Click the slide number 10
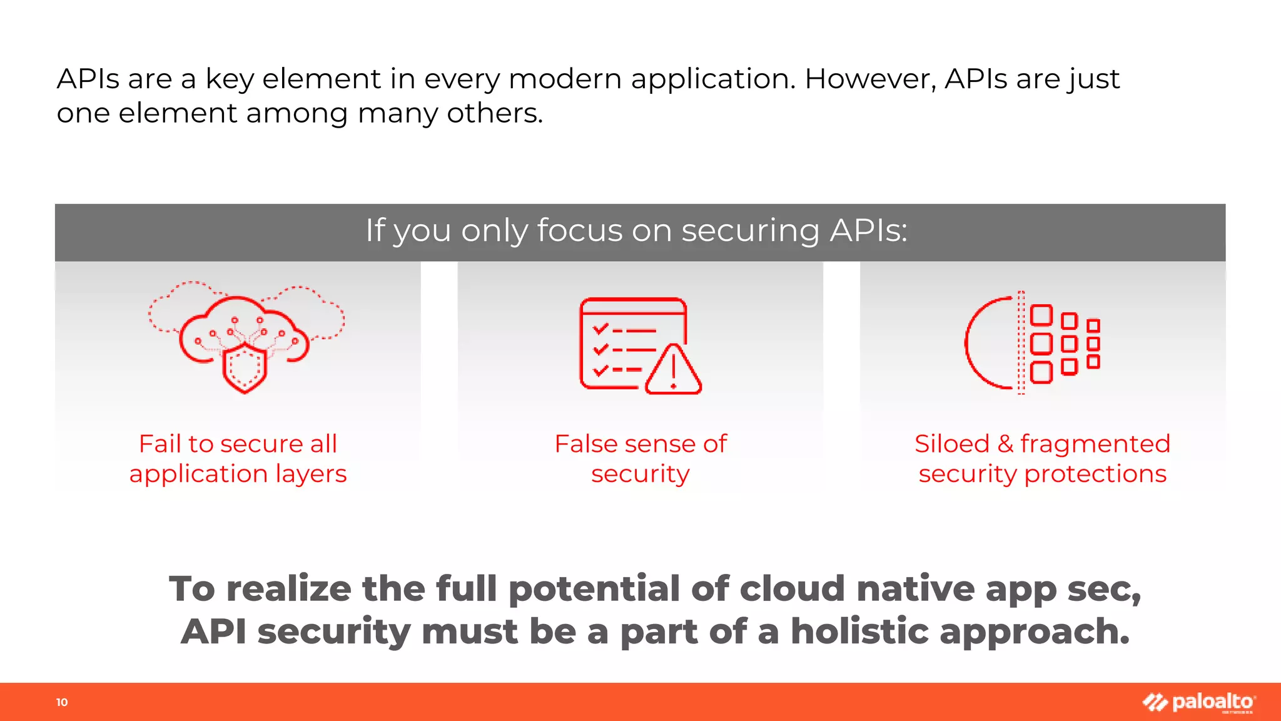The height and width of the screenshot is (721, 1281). coord(62,702)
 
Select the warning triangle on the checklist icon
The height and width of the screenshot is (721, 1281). coord(673,371)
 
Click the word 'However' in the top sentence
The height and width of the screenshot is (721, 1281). coord(870,79)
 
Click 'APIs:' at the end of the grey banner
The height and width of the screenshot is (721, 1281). coord(868,230)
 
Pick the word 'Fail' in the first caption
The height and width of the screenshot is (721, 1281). coord(159,444)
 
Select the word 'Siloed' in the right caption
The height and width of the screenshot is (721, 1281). coord(951,444)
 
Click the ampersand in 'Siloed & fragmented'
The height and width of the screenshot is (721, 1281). coord(1005,444)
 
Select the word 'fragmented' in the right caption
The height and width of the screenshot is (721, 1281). coord(1095,444)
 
